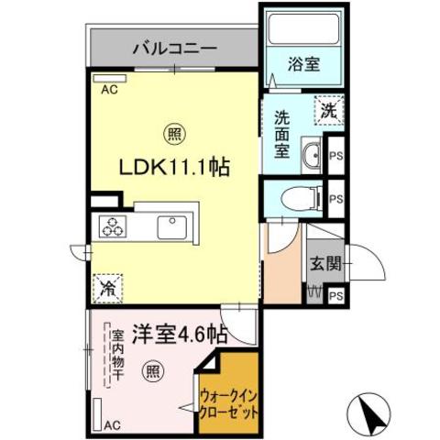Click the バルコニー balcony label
pyautogui.click(x=175, y=49)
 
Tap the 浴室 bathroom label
pyautogui.click(x=304, y=64)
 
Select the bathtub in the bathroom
pyautogui.click(x=304, y=29)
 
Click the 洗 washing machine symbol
pyautogui.click(x=329, y=111)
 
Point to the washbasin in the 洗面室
pyautogui.click(x=312, y=155)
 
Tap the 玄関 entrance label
pyautogui.click(x=325, y=263)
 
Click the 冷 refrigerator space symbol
pyautogui.click(x=107, y=288)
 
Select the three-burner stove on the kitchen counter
pyautogui.click(x=113, y=226)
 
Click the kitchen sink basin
pyautogui.click(x=172, y=227)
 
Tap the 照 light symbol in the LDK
pyautogui.click(x=174, y=134)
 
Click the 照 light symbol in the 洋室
pyautogui.click(x=153, y=370)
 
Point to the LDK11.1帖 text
pyautogui.click(x=174, y=167)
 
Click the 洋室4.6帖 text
pyautogui.click(x=180, y=335)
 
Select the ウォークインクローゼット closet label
pyautogui.click(x=228, y=405)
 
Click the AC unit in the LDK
pyautogui.click(x=110, y=79)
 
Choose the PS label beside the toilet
pyautogui.click(x=336, y=199)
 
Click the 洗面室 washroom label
pyautogui.click(x=281, y=134)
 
